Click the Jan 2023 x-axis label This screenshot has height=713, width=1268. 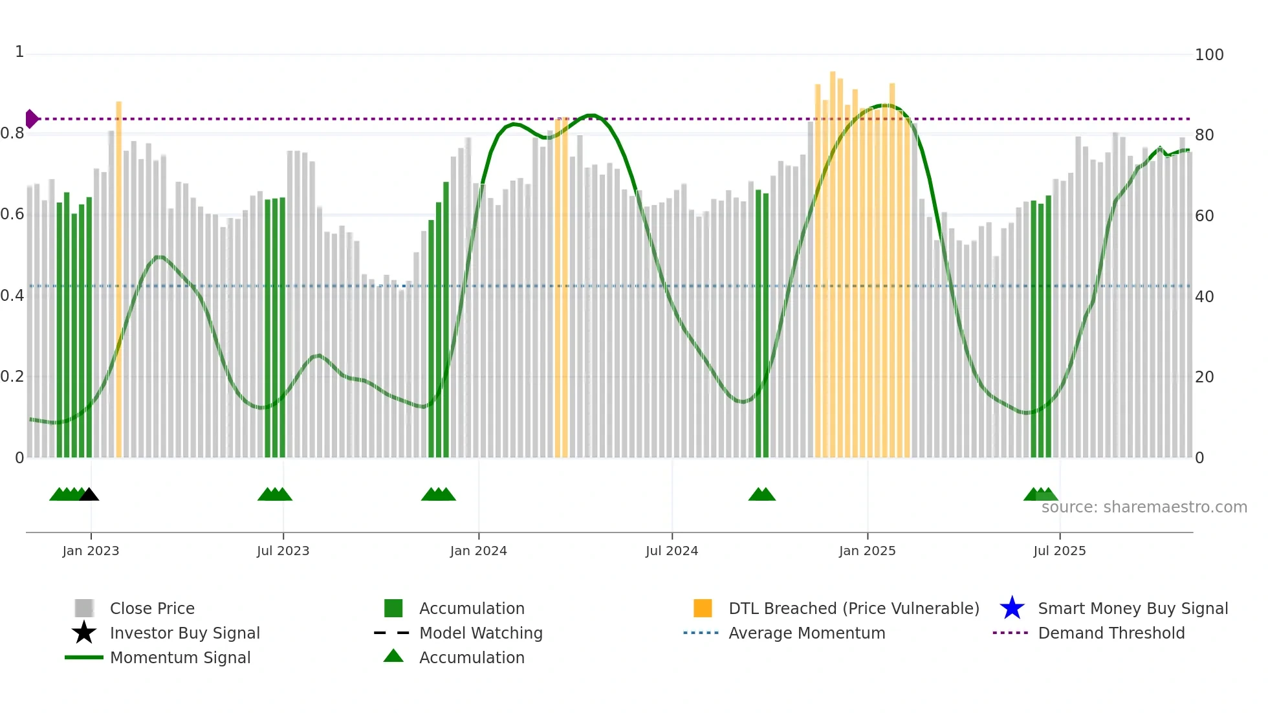[x=91, y=551]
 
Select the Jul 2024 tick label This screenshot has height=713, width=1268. [x=672, y=551]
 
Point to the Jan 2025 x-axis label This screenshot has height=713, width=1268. [x=867, y=551]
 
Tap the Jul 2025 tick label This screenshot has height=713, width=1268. [x=1059, y=551]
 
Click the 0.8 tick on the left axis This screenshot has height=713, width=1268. [x=12, y=134]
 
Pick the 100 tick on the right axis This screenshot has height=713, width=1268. [x=1208, y=55]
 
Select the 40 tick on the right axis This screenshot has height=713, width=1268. [x=1204, y=297]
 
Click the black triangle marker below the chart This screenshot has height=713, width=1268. [x=89, y=495]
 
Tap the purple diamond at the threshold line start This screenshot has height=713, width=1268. [x=31, y=119]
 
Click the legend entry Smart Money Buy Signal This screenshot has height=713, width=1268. [x=1132, y=609]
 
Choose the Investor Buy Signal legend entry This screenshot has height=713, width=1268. [x=184, y=633]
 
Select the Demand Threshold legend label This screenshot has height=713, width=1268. [x=1111, y=633]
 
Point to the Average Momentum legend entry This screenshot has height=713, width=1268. [x=806, y=633]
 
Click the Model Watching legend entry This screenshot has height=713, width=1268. [x=481, y=633]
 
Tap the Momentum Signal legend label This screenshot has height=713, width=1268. [x=180, y=658]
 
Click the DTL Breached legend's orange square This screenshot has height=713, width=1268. [x=703, y=609]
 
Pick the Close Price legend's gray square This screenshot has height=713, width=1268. [x=84, y=609]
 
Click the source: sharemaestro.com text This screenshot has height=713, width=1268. [x=1144, y=507]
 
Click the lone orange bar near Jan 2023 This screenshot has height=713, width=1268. [x=118, y=278]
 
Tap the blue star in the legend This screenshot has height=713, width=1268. [x=1012, y=609]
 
